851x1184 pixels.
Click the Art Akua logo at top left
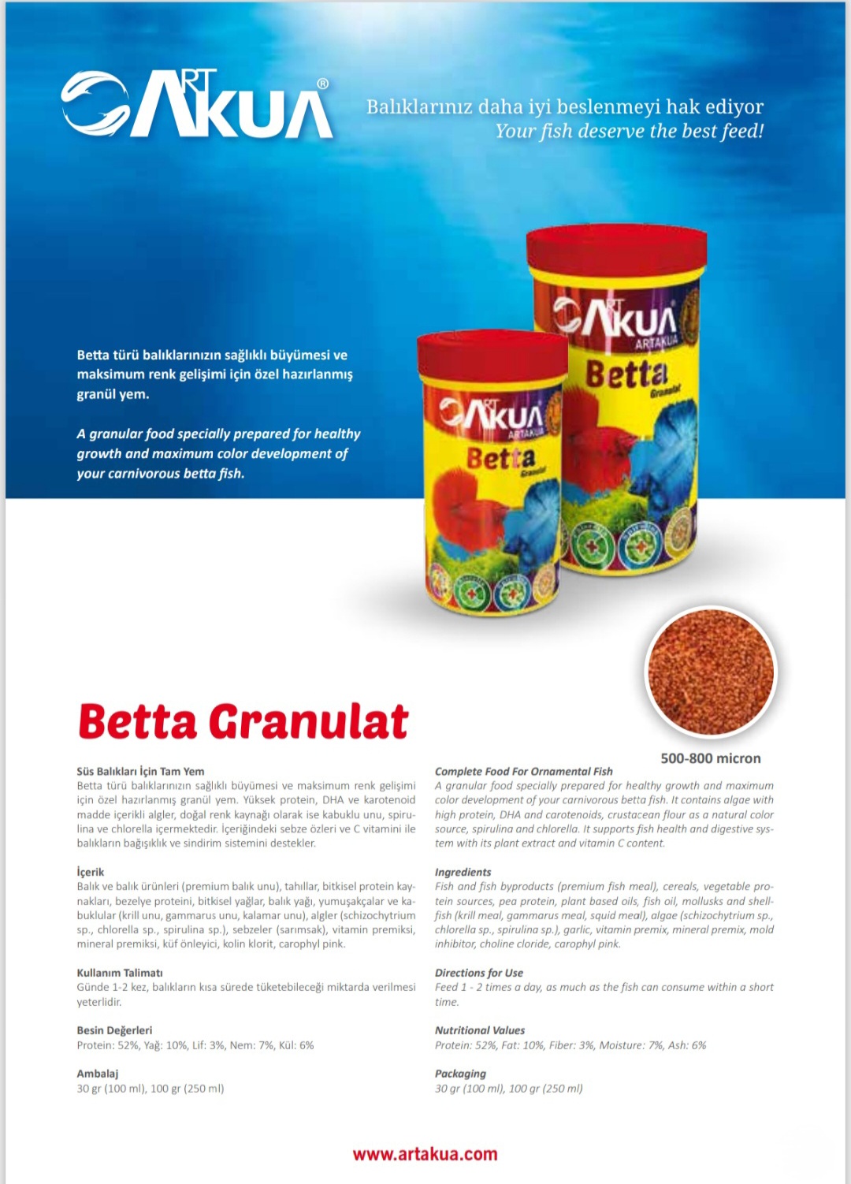click(197, 104)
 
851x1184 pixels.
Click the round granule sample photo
click(711, 672)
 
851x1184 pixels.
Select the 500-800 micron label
click(710, 758)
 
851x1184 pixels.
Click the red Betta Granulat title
click(243, 721)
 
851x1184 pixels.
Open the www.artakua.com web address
click(425, 1154)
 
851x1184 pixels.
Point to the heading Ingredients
click(463, 872)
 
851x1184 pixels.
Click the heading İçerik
click(91, 872)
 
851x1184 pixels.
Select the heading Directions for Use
click(478, 973)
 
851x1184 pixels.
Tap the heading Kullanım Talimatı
click(120, 973)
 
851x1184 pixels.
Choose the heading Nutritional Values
click(479, 1030)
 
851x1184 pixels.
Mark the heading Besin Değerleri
click(114, 1030)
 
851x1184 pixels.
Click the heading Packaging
click(460, 1074)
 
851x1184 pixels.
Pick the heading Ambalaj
click(98, 1074)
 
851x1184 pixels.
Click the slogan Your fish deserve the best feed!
click(629, 131)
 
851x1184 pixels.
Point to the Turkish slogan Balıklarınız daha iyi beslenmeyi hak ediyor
click(564, 106)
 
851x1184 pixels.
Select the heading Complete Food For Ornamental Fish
click(523, 772)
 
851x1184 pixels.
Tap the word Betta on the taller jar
click(626, 374)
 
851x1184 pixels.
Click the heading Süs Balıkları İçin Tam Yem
click(140, 772)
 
